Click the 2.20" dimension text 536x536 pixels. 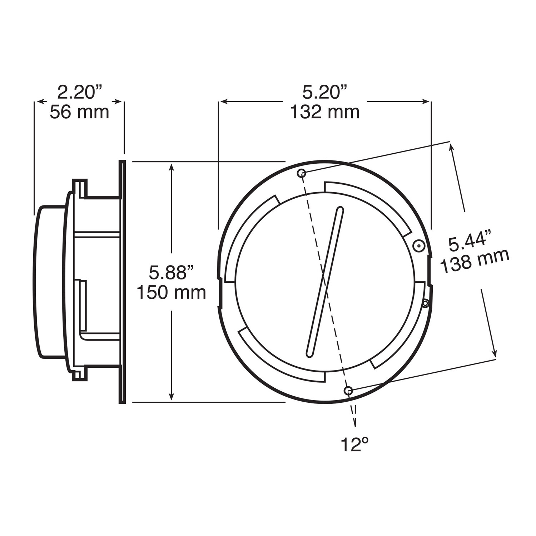[x=79, y=93]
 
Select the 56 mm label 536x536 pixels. [x=79, y=112]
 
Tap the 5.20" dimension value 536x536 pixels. [x=324, y=93]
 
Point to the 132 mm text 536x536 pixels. [x=324, y=112]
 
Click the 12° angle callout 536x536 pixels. [x=354, y=445]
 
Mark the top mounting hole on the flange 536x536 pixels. [x=302, y=173]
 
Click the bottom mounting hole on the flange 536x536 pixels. [x=348, y=391]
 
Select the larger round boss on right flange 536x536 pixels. [x=418, y=246]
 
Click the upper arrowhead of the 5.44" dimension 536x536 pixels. [x=452, y=147]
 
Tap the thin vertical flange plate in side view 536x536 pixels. [x=122, y=282]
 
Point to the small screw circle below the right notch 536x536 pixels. [x=425, y=304]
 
